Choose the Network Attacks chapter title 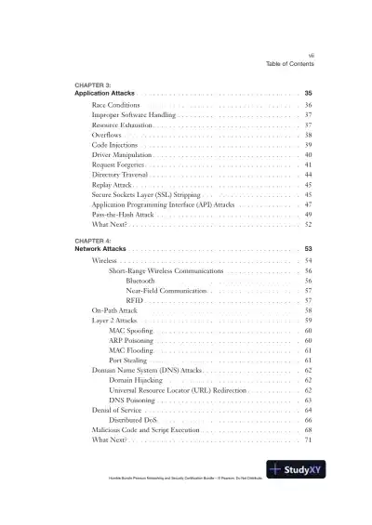[x=100, y=249]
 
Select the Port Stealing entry [x=128, y=359]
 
